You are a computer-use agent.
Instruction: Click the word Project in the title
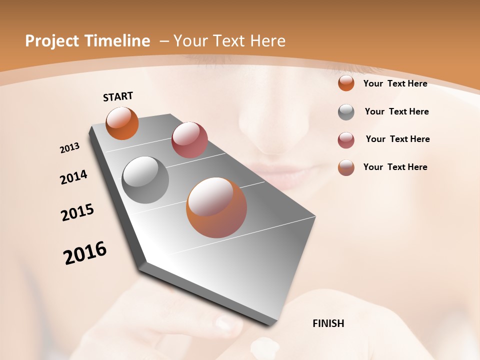[52, 41]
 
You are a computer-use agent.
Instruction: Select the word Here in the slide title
[268, 41]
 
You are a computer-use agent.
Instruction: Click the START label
[118, 96]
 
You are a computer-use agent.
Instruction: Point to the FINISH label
[328, 323]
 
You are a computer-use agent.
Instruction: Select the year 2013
[70, 148]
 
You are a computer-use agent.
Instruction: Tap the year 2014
[73, 177]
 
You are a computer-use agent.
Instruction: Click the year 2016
[85, 253]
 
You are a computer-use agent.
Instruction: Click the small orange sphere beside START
[122, 123]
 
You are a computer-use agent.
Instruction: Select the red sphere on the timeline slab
[189, 140]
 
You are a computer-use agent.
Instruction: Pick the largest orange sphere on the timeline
[216, 207]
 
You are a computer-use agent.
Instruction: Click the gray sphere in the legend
[346, 112]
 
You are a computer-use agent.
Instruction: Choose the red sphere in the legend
[346, 140]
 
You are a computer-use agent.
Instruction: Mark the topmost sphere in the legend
[346, 83]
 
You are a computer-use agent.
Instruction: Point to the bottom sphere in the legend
[346, 167]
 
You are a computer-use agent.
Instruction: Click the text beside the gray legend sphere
[396, 111]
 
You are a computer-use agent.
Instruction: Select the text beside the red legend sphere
[397, 139]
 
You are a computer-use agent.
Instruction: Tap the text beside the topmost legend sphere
[395, 83]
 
